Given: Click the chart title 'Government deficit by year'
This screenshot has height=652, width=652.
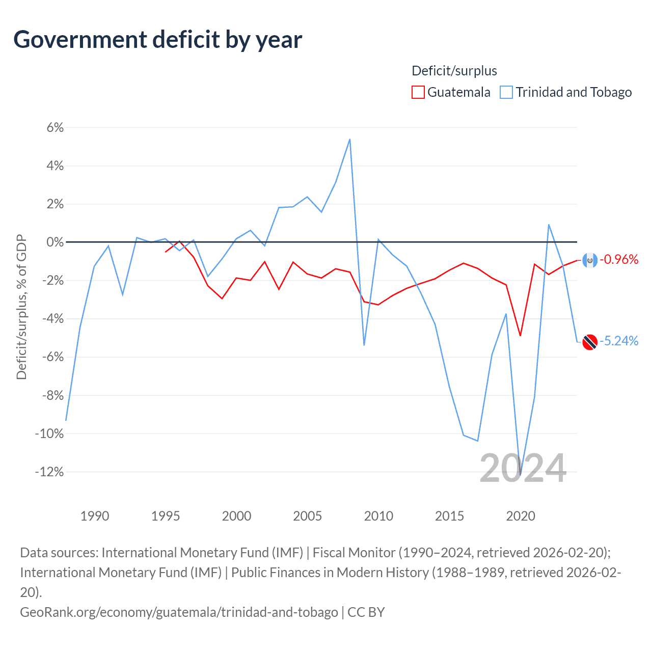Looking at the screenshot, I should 158,40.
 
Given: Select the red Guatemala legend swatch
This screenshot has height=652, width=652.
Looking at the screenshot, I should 418,92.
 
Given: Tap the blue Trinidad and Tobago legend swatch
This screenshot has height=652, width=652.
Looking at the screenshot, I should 506,92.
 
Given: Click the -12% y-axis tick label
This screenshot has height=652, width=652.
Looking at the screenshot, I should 49,472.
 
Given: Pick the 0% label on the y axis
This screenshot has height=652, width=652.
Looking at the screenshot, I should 55,242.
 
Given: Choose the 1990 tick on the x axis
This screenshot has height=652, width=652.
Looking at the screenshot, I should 95,516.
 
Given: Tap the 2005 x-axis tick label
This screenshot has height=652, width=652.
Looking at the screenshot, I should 308,516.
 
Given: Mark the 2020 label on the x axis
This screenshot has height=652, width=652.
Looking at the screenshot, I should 521,516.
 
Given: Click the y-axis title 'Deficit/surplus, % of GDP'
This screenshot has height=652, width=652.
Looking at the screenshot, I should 21,307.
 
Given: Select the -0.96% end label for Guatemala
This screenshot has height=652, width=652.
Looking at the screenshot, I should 619,260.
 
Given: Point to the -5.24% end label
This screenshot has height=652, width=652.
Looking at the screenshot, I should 619,341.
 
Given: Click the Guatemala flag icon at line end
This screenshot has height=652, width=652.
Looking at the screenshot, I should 590,260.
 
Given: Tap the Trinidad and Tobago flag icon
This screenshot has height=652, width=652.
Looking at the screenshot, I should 590,342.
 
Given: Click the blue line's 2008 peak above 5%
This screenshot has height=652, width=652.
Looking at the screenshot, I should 349,139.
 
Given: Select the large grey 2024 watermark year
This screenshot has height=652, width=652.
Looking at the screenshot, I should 523,468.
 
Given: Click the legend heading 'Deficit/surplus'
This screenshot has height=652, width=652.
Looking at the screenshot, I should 454,71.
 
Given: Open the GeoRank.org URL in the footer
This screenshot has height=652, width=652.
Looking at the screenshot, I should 179,612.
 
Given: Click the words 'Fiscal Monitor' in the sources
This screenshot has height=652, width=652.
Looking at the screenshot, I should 354,553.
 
